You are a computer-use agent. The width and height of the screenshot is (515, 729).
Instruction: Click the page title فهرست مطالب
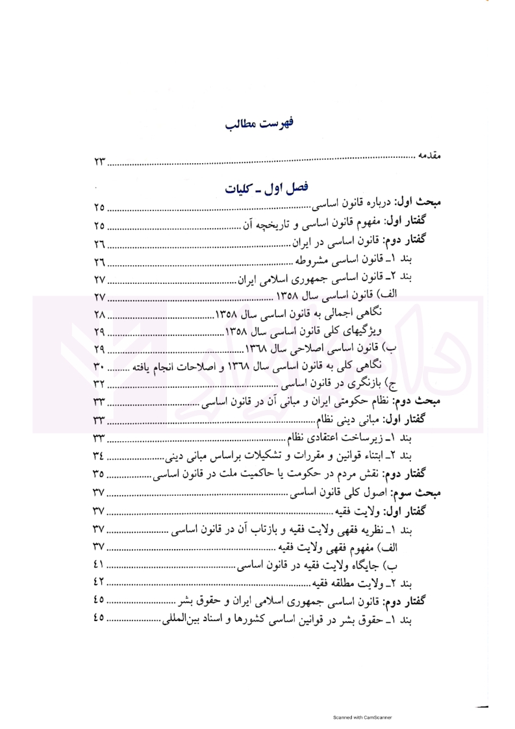point(258,123)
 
